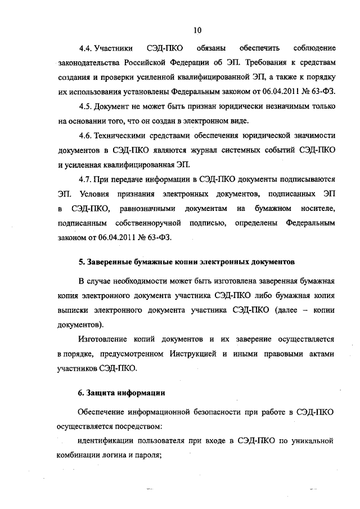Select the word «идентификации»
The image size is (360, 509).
104,440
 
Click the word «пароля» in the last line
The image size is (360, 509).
148,455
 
